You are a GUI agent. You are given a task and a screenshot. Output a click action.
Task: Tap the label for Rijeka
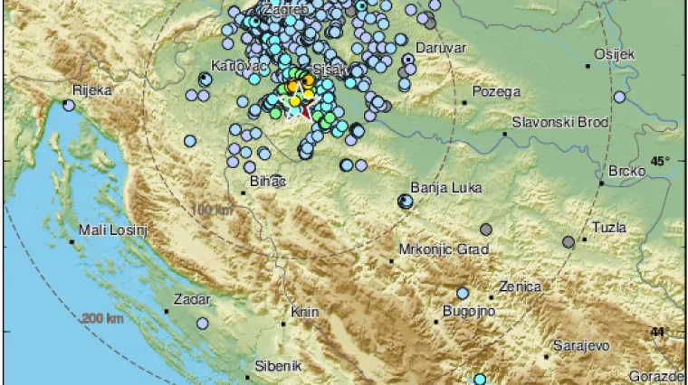pyautogui.click(x=93, y=90)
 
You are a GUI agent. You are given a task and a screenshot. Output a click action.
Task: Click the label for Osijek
pyautogui.click(x=613, y=55)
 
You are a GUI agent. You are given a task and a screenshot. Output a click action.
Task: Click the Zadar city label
pyautogui.click(x=194, y=298)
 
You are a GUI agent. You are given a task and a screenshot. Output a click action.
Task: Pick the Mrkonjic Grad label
pyautogui.click(x=444, y=249)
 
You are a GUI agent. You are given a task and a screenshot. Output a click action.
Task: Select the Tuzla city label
pyautogui.click(x=608, y=228)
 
